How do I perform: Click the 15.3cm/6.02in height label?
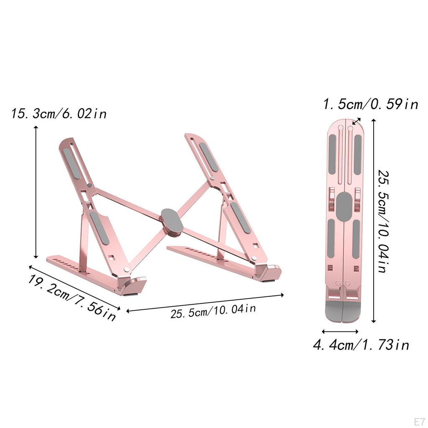[x=59, y=113]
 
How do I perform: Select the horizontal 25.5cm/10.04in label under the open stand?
[x=213, y=311]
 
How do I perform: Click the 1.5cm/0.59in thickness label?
[x=370, y=104]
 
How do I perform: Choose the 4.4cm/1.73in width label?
[x=361, y=345]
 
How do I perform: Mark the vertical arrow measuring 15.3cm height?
[x=36, y=192]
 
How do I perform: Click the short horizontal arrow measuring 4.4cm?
[x=340, y=331]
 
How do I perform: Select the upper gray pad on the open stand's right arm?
[x=208, y=157]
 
